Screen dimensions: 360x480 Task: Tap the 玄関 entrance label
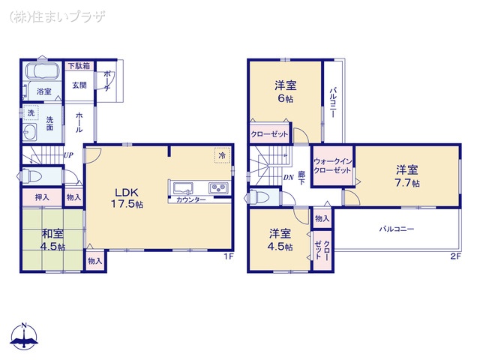click(x=79, y=85)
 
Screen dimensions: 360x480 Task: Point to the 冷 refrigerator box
click(x=222, y=155)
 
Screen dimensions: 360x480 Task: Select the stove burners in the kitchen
click(x=218, y=187)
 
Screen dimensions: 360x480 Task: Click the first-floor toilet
click(x=30, y=177)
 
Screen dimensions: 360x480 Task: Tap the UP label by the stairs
click(x=68, y=155)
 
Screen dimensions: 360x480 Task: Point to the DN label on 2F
click(x=289, y=177)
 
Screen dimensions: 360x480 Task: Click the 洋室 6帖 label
click(x=284, y=92)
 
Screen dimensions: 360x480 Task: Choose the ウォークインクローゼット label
click(x=332, y=166)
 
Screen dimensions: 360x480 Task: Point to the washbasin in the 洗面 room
click(x=31, y=133)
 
